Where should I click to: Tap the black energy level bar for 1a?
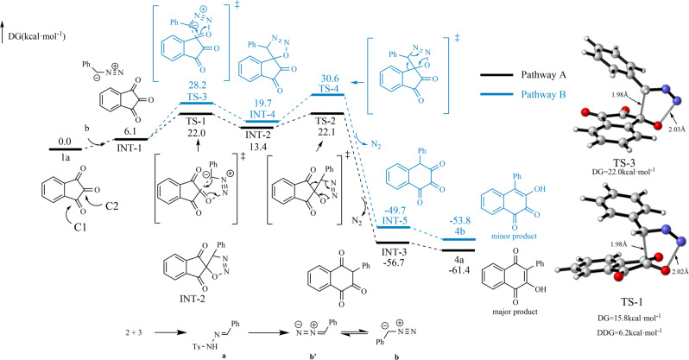pos(66,148)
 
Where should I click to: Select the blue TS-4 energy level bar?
pos(328,94)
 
